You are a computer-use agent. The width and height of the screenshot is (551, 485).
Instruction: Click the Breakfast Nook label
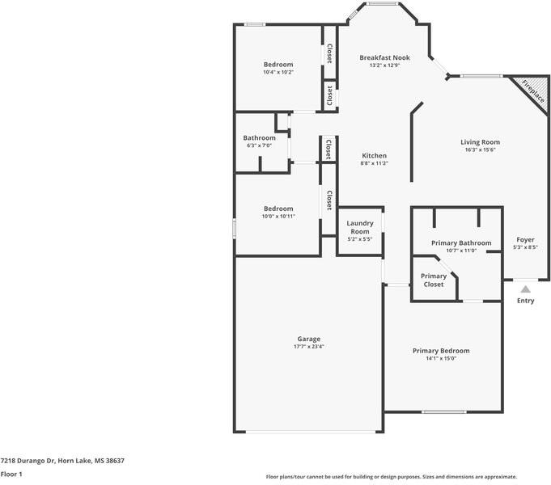[x=384, y=57]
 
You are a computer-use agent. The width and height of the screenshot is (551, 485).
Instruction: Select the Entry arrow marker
[x=525, y=289]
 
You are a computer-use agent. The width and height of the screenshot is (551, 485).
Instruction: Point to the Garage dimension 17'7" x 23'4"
[x=308, y=347]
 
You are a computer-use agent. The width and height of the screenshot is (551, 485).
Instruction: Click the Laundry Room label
[x=360, y=227]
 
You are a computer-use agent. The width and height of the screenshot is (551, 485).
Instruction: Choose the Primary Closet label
[x=434, y=280]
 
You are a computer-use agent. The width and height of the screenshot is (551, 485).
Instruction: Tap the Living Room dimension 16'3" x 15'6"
[x=480, y=150]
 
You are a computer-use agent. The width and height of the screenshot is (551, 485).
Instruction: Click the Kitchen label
[x=375, y=155]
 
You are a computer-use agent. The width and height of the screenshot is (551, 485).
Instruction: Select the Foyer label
[x=525, y=239]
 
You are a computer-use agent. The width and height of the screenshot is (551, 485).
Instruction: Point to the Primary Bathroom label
[x=461, y=243]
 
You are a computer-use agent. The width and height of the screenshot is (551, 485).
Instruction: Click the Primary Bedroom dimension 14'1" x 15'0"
[x=441, y=359]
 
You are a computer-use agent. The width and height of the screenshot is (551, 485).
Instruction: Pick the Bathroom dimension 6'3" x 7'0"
[x=260, y=145]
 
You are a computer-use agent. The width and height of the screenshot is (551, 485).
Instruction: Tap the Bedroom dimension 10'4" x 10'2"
[x=278, y=73]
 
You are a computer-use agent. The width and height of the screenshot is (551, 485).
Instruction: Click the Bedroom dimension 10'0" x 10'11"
[x=278, y=217]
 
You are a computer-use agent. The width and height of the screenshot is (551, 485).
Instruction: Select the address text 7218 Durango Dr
[x=28, y=461]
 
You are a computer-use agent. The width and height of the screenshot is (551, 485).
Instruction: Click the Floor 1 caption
[x=11, y=474]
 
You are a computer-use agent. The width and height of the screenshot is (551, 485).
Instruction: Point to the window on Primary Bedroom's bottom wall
[x=444, y=411]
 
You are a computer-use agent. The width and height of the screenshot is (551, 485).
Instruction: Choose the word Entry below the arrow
[x=525, y=301]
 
